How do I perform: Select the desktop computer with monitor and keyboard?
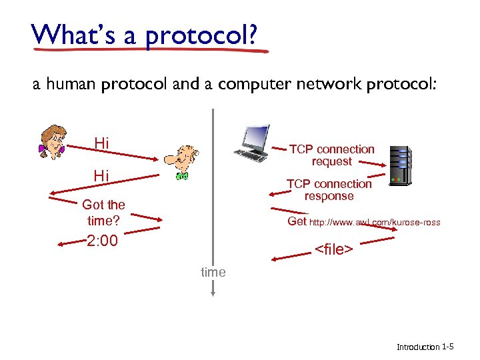click(251, 143)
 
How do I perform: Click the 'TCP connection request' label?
click(331, 155)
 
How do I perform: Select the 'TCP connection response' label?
click(329, 190)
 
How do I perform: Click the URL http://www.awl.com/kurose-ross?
click(375, 223)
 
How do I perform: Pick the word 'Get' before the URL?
click(297, 221)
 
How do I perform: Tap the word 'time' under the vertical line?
click(213, 272)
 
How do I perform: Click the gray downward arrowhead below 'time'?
click(213, 291)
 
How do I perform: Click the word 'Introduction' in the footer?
click(418, 347)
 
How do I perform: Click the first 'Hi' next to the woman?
click(102, 143)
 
